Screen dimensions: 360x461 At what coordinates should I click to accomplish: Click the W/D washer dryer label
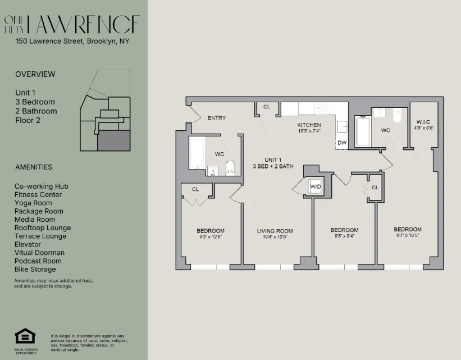[316, 187]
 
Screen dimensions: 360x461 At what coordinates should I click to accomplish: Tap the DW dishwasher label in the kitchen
[342, 143]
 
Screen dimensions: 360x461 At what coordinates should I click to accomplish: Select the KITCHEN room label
[309, 125]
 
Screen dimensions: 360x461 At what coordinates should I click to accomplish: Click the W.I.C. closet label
[423, 122]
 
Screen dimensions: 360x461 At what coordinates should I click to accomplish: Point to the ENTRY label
[216, 118]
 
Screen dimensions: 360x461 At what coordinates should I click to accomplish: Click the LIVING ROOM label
[275, 231]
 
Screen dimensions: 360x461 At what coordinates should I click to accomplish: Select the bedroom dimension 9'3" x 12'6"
[211, 237]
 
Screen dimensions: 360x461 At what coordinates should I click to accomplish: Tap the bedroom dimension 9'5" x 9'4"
[344, 236]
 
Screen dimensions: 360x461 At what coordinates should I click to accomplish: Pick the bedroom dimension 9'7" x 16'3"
[408, 236]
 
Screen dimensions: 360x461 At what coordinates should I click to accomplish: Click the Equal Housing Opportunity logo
[25, 337]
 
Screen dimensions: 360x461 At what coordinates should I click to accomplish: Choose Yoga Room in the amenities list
[33, 203]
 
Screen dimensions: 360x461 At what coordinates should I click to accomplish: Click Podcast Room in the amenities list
[38, 261]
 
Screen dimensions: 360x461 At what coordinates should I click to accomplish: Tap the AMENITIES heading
[34, 167]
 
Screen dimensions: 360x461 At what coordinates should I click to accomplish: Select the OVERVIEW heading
[35, 74]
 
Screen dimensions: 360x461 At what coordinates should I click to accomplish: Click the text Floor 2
[28, 120]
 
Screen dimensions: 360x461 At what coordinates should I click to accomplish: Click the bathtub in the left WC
[197, 152]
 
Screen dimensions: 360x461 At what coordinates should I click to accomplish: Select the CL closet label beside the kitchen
[267, 107]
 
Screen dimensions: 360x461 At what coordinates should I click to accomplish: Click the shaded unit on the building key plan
[114, 140]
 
